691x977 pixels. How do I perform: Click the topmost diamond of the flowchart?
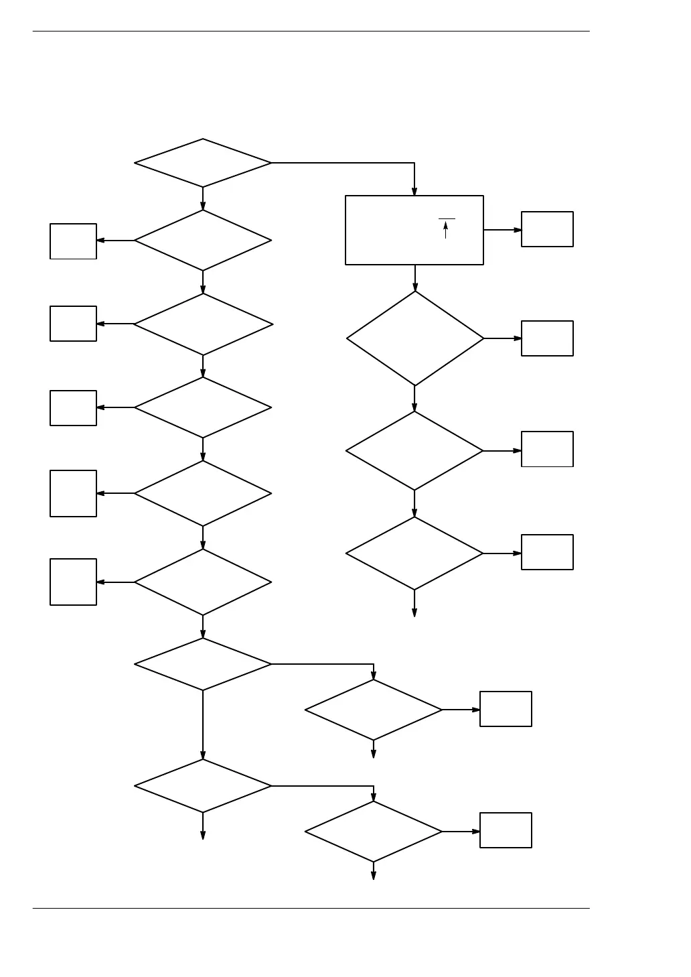point(203,163)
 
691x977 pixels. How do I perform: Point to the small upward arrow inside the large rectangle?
point(446,230)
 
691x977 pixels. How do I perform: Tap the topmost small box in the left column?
point(73,241)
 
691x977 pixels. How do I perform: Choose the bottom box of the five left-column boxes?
point(73,582)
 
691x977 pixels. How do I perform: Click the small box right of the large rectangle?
point(547,229)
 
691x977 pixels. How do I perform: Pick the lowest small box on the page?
point(506,830)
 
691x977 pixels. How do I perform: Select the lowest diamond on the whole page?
point(373,832)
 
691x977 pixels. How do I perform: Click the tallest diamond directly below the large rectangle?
point(415,338)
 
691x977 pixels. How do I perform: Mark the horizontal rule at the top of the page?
point(311,31)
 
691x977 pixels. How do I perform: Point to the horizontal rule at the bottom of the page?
point(311,909)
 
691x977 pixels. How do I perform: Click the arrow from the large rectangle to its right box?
point(502,230)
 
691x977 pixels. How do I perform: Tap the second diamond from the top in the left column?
point(203,241)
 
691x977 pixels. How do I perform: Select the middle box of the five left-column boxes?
point(73,408)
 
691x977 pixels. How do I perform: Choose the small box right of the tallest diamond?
point(547,338)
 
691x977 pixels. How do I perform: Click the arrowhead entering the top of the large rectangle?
point(414,191)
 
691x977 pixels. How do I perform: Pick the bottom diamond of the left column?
point(203,786)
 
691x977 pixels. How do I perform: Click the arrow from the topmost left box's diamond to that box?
point(115,241)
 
